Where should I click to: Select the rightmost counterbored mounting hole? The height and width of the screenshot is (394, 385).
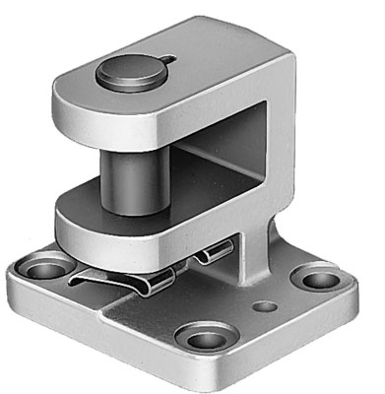coord(317,279)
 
